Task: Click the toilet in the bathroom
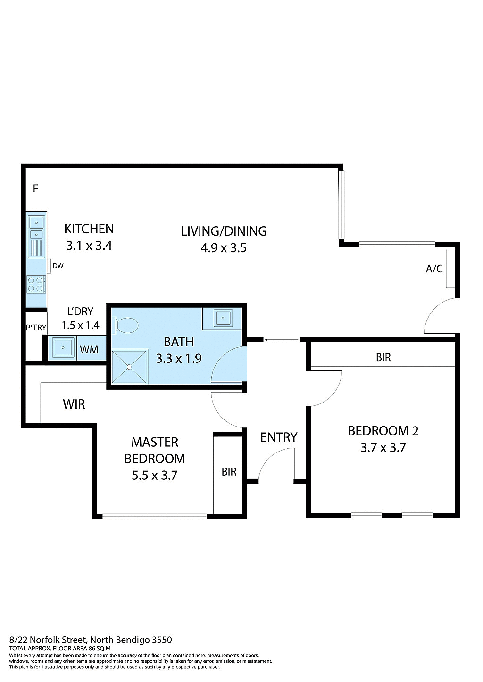pyautogui.click(x=125, y=325)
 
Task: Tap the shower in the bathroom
pyautogui.click(x=129, y=366)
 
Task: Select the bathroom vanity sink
pyautogui.click(x=222, y=318)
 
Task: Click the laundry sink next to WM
pyautogui.click(x=63, y=348)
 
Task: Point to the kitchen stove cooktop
pyautogui.click(x=36, y=284)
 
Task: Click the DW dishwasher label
pyautogui.click(x=58, y=266)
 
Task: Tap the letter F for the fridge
pyautogui.click(x=35, y=189)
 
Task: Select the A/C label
pyautogui.click(x=434, y=269)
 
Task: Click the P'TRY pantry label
pyautogui.click(x=36, y=328)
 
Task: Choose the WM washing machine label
pyautogui.click(x=89, y=349)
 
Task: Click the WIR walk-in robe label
pyautogui.click(x=74, y=404)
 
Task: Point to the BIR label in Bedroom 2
pyautogui.click(x=383, y=357)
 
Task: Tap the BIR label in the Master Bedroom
pyautogui.click(x=229, y=471)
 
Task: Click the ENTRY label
pyautogui.click(x=279, y=437)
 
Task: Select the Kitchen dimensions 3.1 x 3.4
pyautogui.click(x=89, y=246)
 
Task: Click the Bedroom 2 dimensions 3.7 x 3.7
pyautogui.click(x=383, y=447)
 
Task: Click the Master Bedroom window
pyautogui.click(x=154, y=516)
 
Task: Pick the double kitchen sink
pyautogui.click(x=36, y=228)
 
